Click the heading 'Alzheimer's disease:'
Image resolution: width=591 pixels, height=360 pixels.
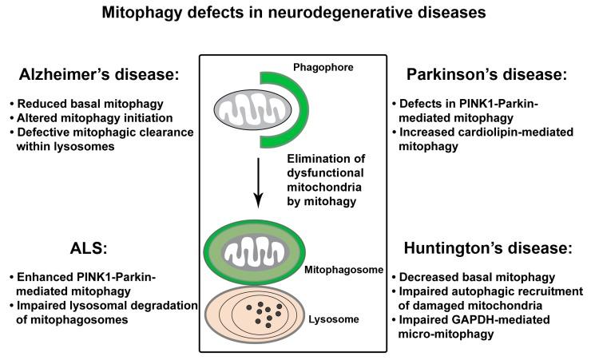[x=97, y=76]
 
